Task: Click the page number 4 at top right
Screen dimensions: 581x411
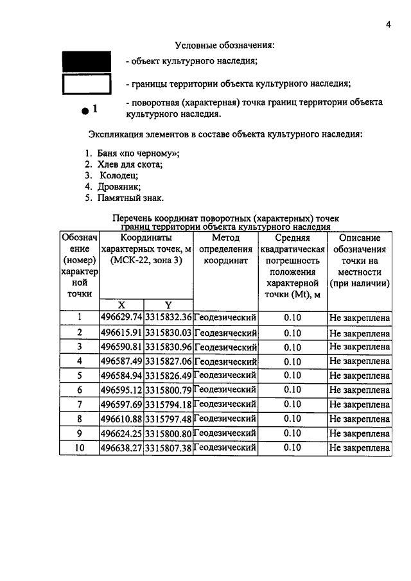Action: click(389, 25)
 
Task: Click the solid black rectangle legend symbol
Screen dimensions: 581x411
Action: click(86, 62)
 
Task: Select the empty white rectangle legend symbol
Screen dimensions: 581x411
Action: click(86, 84)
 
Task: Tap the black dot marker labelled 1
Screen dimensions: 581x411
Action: click(85, 111)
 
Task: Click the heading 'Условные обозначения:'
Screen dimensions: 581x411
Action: click(224, 46)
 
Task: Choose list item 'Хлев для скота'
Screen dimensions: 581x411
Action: click(130, 164)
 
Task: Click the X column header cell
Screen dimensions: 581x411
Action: click(121, 305)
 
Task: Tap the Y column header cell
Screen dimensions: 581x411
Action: click(168, 305)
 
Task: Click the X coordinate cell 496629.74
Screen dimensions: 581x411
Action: click(121, 318)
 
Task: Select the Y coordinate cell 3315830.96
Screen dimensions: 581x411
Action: click(168, 347)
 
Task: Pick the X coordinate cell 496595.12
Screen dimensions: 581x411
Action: click(121, 390)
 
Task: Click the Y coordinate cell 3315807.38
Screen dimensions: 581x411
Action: click(168, 447)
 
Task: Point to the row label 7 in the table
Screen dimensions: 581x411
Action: click(80, 404)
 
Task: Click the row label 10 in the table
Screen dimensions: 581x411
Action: click(80, 447)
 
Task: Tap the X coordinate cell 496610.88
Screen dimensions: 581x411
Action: click(121, 419)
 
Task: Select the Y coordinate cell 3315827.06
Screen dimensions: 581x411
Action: click(168, 361)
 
